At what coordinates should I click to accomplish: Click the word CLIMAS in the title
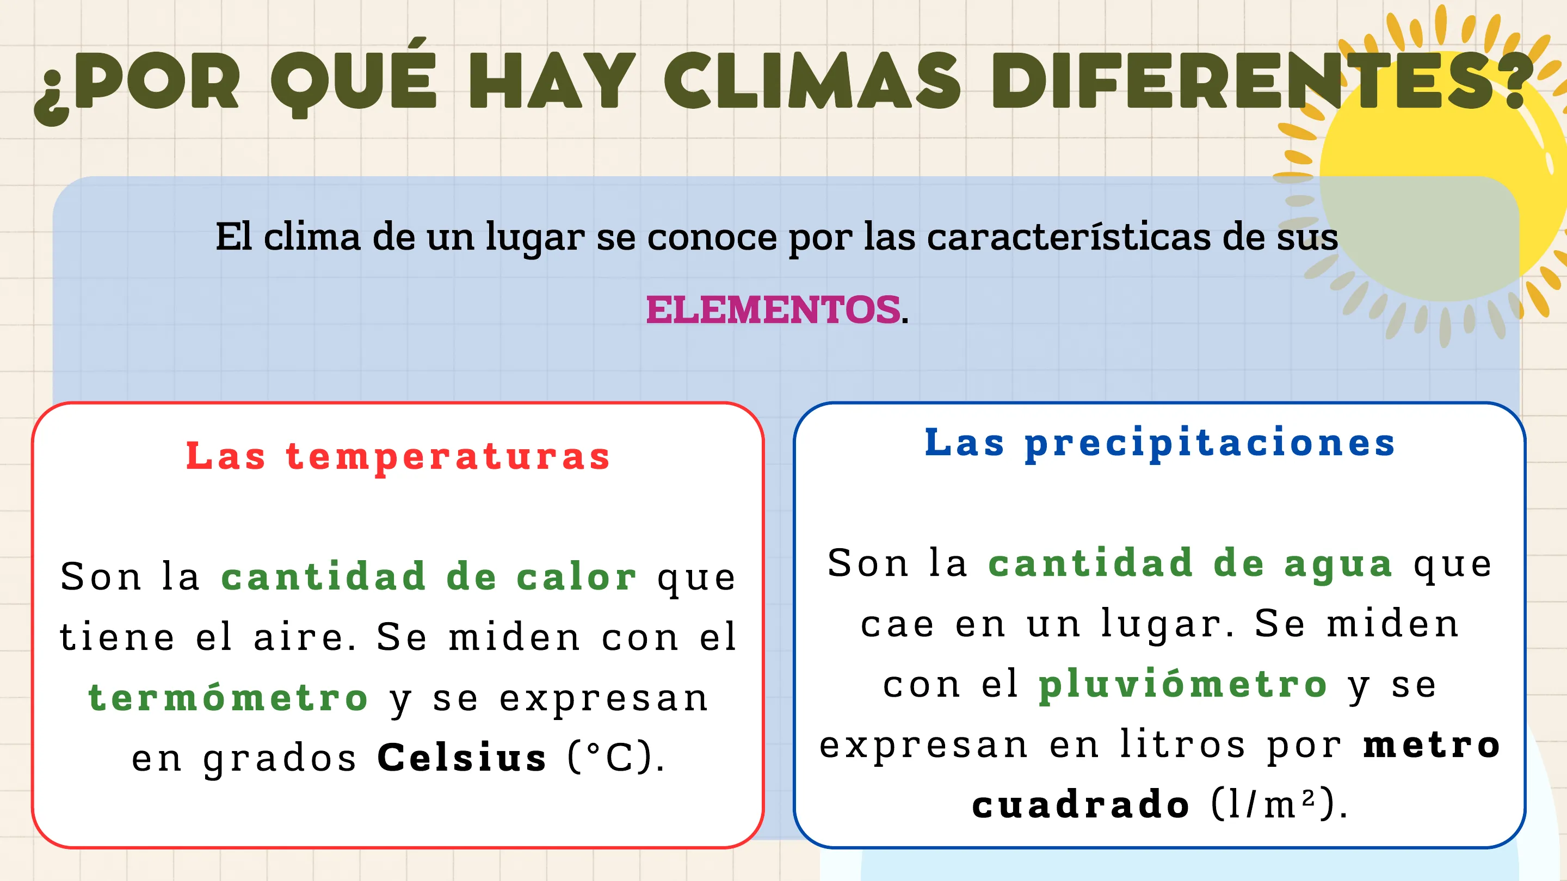click(812, 80)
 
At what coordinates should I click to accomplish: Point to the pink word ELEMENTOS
click(773, 309)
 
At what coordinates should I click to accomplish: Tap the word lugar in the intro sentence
click(535, 239)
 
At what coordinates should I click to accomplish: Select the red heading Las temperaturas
click(398, 457)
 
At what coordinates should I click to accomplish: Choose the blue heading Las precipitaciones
click(1160, 443)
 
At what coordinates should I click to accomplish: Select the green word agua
click(1338, 565)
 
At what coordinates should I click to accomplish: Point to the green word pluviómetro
click(1182, 685)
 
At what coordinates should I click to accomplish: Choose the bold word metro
click(1432, 745)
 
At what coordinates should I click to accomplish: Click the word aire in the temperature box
click(298, 637)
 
